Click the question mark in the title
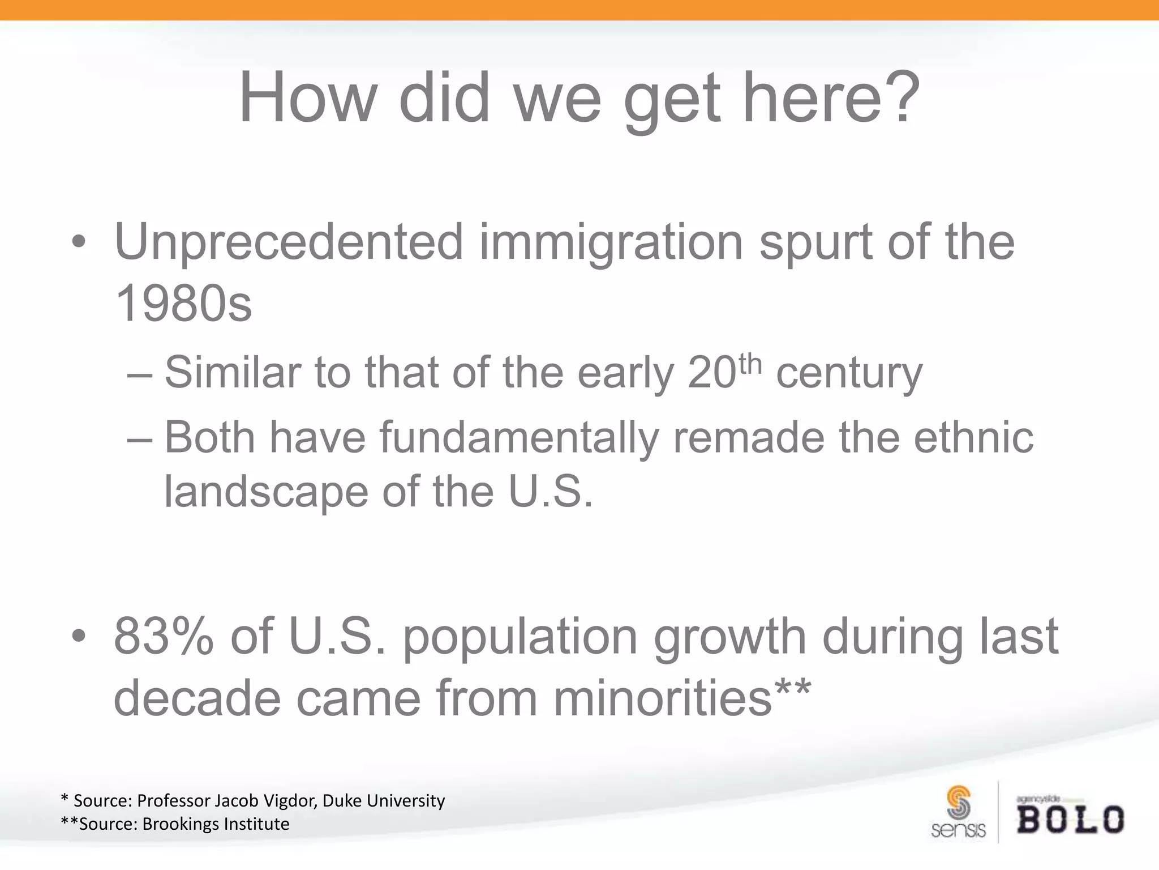tap(896, 97)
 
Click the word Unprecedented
tap(289, 242)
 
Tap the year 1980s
tap(183, 304)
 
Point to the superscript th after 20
tap(750, 364)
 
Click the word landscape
tap(266, 492)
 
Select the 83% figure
tap(164, 637)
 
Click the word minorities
tap(662, 698)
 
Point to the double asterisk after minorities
tap(793, 688)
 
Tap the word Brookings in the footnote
tap(181, 824)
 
